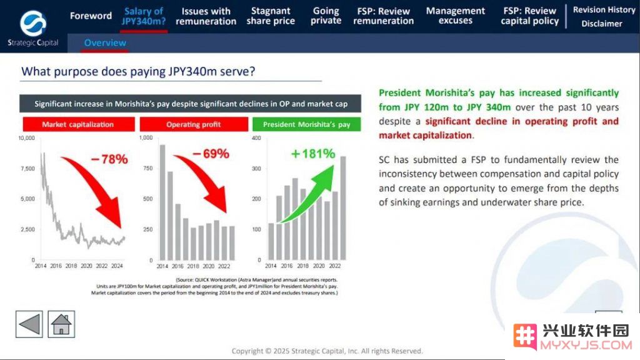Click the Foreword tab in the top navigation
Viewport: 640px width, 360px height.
[91, 16]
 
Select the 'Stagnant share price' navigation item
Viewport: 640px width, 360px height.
[271, 16]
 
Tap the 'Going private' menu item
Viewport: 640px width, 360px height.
[326, 16]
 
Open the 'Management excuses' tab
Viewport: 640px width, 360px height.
[456, 16]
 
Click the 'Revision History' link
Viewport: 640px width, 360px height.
[604, 10]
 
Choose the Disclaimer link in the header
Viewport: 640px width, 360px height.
[602, 24]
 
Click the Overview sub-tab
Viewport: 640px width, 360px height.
[105, 43]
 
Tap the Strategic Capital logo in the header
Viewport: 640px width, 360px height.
[33, 29]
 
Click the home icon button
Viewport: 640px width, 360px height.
[61, 324]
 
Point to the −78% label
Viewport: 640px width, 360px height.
[109, 159]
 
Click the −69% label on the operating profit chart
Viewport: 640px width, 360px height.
[211, 154]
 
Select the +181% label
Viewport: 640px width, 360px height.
[313, 154]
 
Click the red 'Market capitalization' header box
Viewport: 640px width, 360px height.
[78, 124]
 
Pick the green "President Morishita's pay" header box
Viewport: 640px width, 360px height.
[306, 124]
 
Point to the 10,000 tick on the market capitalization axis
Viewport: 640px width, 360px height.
[26, 138]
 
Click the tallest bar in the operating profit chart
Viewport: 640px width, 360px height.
[162, 202]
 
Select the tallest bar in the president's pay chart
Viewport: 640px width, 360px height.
[343, 208]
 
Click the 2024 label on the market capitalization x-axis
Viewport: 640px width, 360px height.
[117, 266]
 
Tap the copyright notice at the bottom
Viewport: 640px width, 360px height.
[327, 351]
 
